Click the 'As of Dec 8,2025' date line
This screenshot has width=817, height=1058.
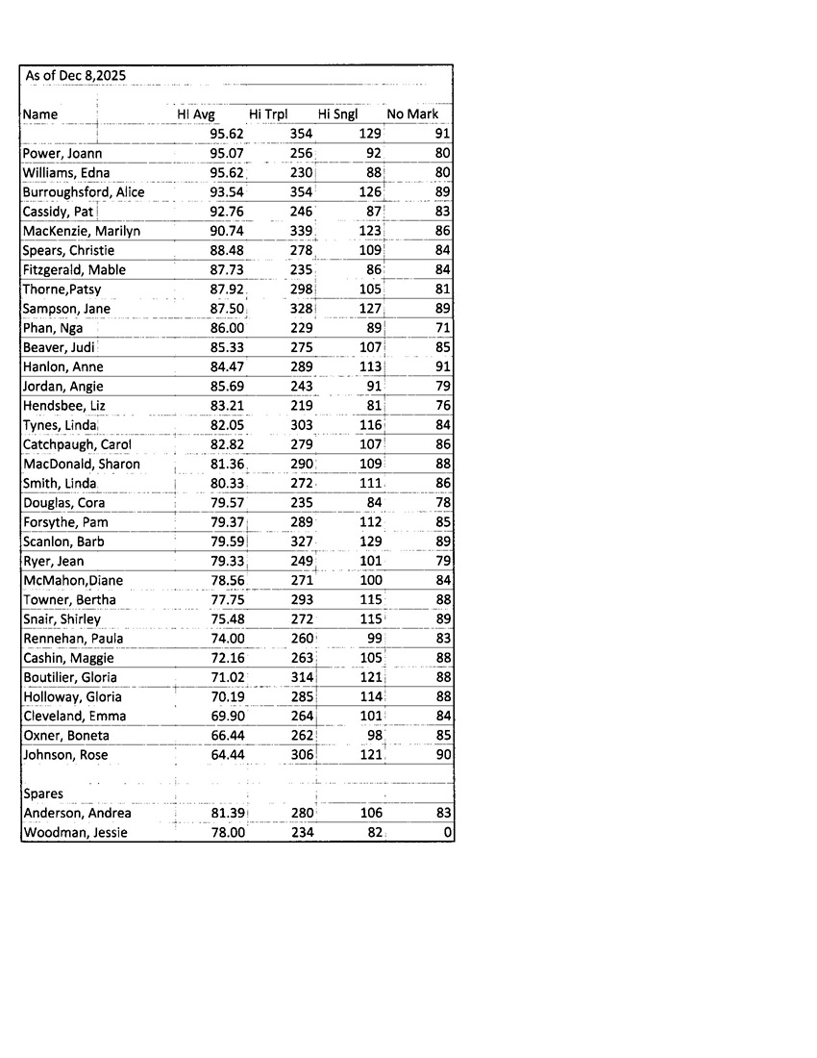pos(75,76)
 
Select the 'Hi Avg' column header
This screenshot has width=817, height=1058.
pos(196,114)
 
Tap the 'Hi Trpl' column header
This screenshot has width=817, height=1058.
pos(268,114)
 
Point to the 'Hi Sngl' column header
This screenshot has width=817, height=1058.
pos(338,114)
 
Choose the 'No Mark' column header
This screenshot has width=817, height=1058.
pos(412,114)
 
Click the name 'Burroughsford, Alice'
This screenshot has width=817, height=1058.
pos(84,192)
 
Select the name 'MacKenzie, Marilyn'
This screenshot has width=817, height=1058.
pos(82,231)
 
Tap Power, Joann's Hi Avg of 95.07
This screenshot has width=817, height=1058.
pos(227,154)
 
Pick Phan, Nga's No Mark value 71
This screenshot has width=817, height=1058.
pos(443,328)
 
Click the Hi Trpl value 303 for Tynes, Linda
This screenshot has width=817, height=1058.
pos(302,425)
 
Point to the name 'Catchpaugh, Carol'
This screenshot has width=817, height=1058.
pos(77,444)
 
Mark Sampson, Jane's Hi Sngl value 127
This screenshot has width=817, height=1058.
pos(370,309)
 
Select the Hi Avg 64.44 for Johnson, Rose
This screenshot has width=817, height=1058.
pos(227,755)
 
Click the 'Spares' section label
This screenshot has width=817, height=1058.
pos(43,794)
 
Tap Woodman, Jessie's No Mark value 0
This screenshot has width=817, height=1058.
pos(448,833)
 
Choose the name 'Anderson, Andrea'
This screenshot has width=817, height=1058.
pos(77,814)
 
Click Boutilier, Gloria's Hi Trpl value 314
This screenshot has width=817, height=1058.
pos(302,677)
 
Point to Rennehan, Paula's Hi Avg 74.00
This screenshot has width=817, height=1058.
pos(227,639)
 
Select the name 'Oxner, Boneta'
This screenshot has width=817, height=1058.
pos(66,736)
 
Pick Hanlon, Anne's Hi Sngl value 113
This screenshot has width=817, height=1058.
pos(370,366)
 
